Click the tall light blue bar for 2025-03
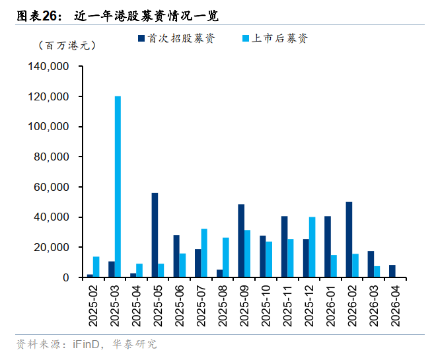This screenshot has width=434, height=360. click(x=118, y=187)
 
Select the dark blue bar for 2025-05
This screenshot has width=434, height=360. click(x=155, y=235)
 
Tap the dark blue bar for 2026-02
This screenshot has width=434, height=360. click(x=348, y=240)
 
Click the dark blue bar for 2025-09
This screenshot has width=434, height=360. click(x=241, y=241)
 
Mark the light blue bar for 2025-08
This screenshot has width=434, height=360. click(x=225, y=258)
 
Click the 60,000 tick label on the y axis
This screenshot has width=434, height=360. click(x=52, y=187)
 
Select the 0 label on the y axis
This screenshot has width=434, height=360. click(x=67, y=277)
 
